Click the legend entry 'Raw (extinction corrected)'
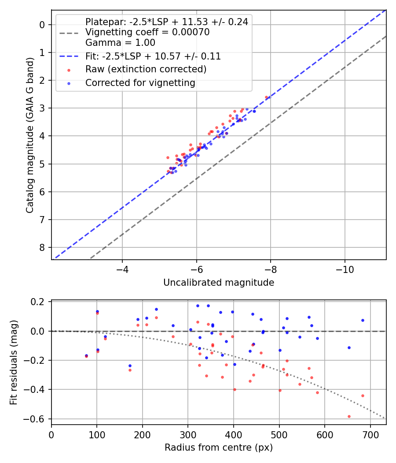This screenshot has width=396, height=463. [146, 69]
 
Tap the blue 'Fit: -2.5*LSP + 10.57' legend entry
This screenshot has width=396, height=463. [153, 56]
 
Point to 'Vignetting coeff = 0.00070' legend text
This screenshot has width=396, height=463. [147, 32]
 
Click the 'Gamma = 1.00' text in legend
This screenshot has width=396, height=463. [120, 43]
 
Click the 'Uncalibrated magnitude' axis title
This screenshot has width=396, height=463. [219, 283]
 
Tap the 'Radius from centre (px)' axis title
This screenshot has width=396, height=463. [219, 448]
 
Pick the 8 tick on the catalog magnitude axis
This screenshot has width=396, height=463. [43, 247]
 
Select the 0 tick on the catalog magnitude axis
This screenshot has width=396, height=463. [43, 25]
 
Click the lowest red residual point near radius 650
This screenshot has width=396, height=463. [349, 416]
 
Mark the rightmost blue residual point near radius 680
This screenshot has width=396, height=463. [363, 320]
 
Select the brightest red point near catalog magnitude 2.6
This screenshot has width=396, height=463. [266, 97]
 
